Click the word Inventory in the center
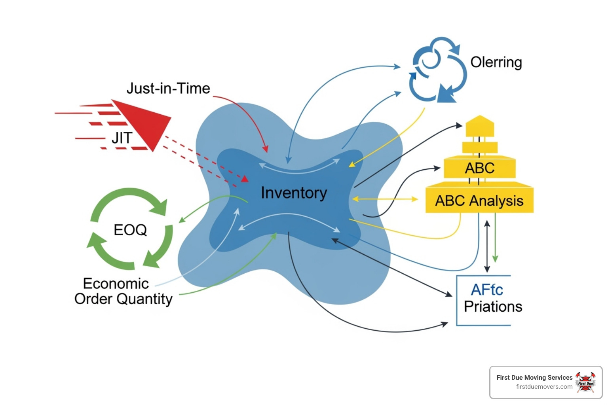click(x=294, y=193)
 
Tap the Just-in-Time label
click(x=168, y=89)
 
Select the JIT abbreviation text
click(x=122, y=138)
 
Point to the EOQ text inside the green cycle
click(x=130, y=230)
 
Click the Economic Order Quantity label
click(x=123, y=291)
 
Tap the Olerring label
click(x=496, y=62)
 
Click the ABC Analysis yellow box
click(x=479, y=201)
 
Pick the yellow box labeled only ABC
click(x=479, y=168)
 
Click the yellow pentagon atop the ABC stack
click(x=480, y=126)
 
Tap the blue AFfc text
click(x=486, y=290)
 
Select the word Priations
click(x=493, y=307)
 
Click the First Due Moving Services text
click(x=534, y=377)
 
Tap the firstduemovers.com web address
click(x=544, y=387)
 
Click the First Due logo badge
click(x=585, y=382)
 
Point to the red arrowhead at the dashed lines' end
click(x=245, y=179)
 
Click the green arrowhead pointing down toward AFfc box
click(x=495, y=259)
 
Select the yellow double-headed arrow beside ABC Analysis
click(x=385, y=199)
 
